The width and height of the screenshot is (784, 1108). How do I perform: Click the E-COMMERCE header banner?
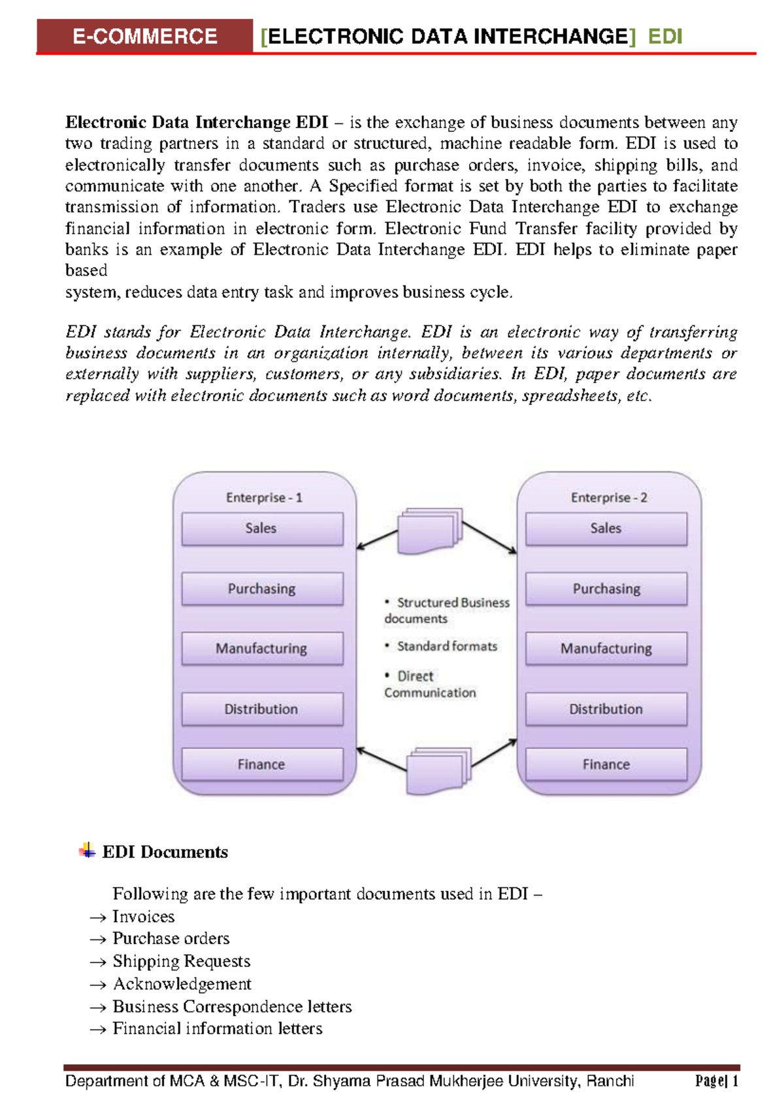(x=144, y=36)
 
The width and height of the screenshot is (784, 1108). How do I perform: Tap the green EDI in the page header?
(x=665, y=37)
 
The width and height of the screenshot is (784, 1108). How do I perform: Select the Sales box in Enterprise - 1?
(x=262, y=529)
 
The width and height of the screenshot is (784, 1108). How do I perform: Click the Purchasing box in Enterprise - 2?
(x=606, y=589)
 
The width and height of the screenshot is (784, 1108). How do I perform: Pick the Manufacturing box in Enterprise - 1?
(x=262, y=648)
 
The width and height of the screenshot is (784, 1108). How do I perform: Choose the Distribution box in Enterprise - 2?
(x=606, y=709)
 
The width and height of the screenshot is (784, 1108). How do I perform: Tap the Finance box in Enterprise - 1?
(x=262, y=764)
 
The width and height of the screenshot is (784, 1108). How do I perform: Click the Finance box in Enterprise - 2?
(x=606, y=764)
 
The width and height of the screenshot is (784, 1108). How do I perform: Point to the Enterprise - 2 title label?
(x=609, y=498)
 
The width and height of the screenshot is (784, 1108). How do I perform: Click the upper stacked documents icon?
(x=429, y=530)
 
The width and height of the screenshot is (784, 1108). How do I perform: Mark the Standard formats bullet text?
(x=447, y=646)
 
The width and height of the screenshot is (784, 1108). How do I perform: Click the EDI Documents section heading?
(x=165, y=852)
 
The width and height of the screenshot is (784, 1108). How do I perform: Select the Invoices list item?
(x=143, y=917)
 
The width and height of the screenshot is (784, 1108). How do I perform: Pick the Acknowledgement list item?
(x=182, y=984)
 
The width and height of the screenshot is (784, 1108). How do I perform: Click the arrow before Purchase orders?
(x=98, y=940)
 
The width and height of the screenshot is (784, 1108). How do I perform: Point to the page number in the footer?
(x=717, y=1081)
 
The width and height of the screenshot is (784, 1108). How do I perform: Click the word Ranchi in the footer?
(x=610, y=1081)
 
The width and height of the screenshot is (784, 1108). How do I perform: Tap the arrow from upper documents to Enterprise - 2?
(x=489, y=538)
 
